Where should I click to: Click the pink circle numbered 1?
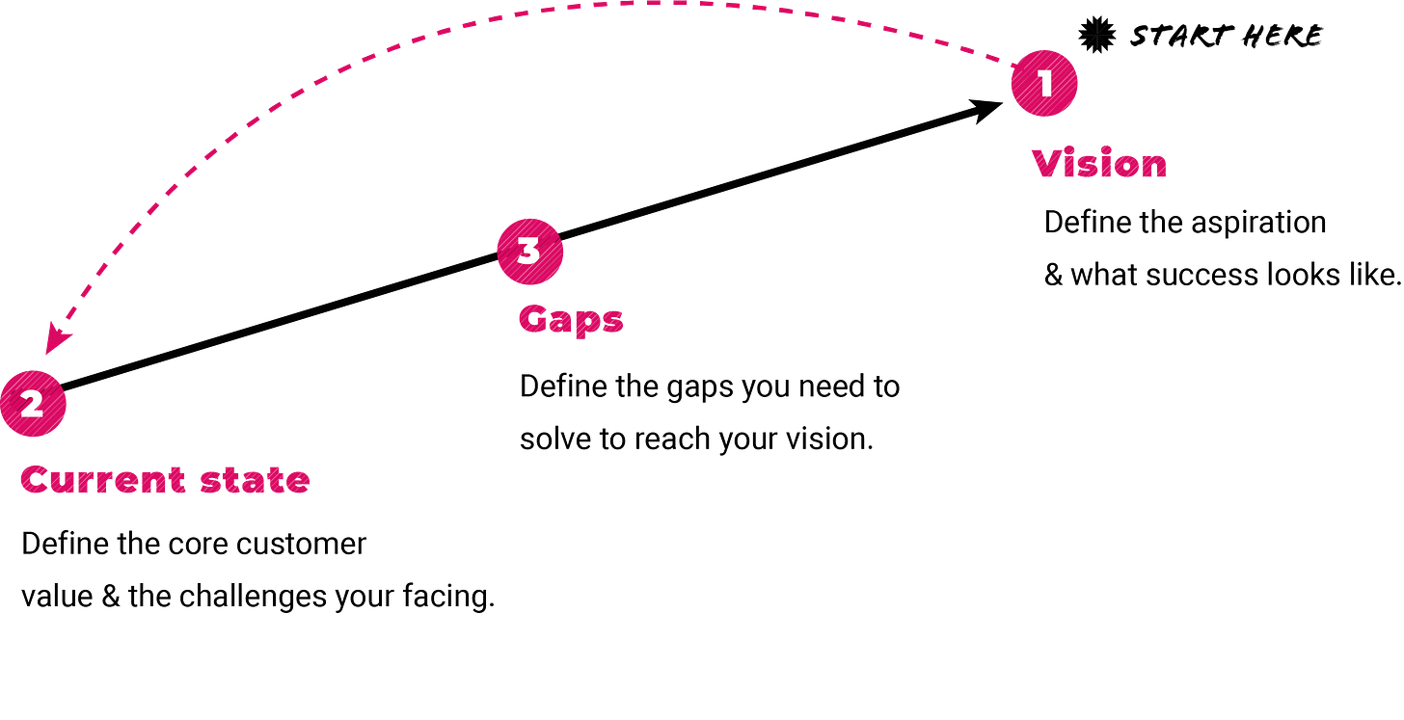pos(1044,84)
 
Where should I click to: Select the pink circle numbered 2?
pos(33,404)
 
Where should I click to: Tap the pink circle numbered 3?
pos(529,251)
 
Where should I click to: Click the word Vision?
pos(1099,165)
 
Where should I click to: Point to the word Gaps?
pos(571,320)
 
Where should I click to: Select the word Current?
pos(102,480)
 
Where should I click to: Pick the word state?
pos(255,480)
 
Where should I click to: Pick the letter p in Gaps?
pos(586,323)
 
